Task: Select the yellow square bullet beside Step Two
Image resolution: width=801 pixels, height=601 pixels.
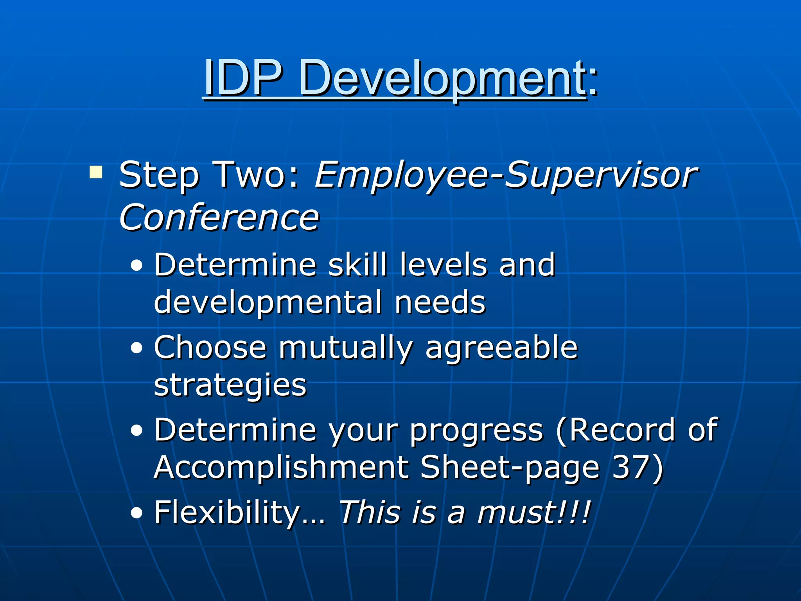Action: pyautogui.click(x=96, y=172)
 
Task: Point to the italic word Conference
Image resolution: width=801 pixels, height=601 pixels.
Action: pyautogui.click(x=219, y=217)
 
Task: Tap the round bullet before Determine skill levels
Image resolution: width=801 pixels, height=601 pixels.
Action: pyautogui.click(x=136, y=266)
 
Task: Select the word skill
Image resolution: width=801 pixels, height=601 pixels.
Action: pyautogui.click(x=357, y=265)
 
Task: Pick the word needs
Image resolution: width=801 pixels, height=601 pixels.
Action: pyautogui.click(x=440, y=302)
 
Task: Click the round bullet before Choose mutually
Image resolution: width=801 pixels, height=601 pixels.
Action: pyautogui.click(x=136, y=349)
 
